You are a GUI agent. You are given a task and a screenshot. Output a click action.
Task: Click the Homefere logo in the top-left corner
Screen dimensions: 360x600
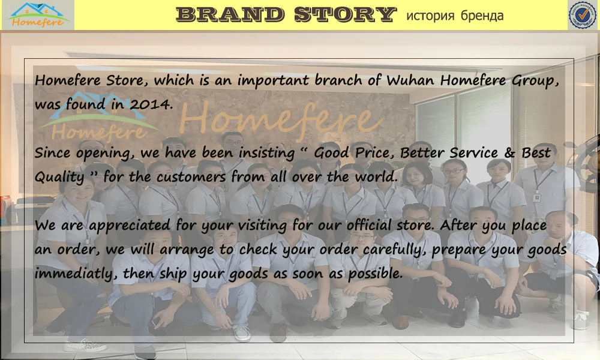pyautogui.click(x=37, y=15)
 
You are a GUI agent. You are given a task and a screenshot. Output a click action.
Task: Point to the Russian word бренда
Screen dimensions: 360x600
pyautogui.click(x=482, y=16)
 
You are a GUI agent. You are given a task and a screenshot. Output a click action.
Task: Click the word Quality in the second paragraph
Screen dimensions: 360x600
pyautogui.click(x=59, y=178)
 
